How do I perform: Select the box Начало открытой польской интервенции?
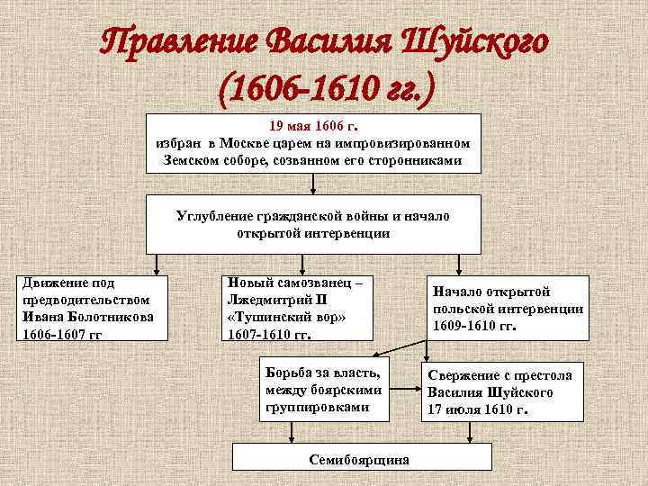(508, 307)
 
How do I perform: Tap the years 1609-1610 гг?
(474, 325)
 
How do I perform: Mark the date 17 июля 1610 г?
(477, 409)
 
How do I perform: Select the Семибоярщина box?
(357, 459)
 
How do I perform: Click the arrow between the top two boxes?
(312, 184)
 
